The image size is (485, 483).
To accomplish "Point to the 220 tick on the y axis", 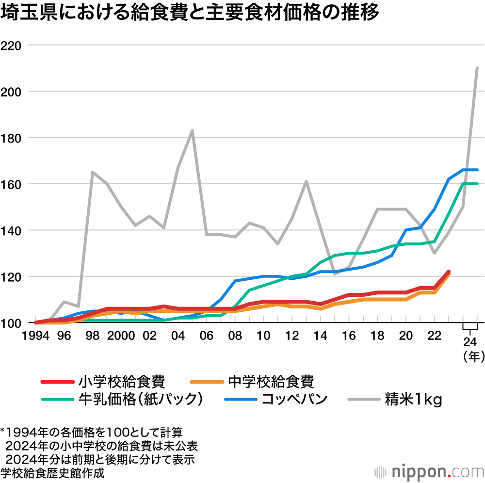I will click(13, 46).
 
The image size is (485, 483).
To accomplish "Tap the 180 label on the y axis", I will click(13, 138).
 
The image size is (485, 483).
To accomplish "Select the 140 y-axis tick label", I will click(13, 231).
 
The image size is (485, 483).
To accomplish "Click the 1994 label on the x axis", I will click(35, 336).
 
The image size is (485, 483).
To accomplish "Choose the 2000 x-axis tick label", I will click(121, 336).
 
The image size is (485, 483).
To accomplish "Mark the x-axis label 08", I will click(235, 336).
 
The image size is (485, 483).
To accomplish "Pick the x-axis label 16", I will click(349, 336).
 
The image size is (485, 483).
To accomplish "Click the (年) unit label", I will click(472, 357).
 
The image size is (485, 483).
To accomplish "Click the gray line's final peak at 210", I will click(477, 68).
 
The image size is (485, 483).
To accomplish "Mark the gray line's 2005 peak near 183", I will click(193, 130).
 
